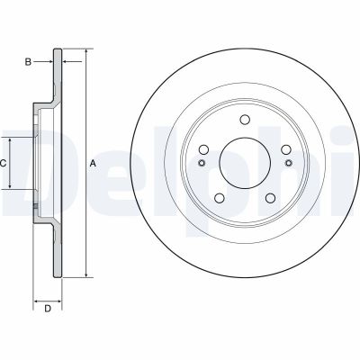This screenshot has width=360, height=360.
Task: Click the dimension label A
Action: (93, 164)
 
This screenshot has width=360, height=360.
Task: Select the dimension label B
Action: (28, 61)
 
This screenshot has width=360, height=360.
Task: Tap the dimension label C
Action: (4, 163)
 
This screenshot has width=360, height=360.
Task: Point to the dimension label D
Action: (48, 310)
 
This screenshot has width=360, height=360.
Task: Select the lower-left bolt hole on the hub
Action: (219, 197)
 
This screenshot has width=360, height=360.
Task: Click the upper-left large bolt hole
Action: (203, 149)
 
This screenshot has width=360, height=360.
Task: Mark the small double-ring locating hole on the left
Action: (202, 163)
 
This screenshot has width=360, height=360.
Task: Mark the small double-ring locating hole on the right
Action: (286, 163)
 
